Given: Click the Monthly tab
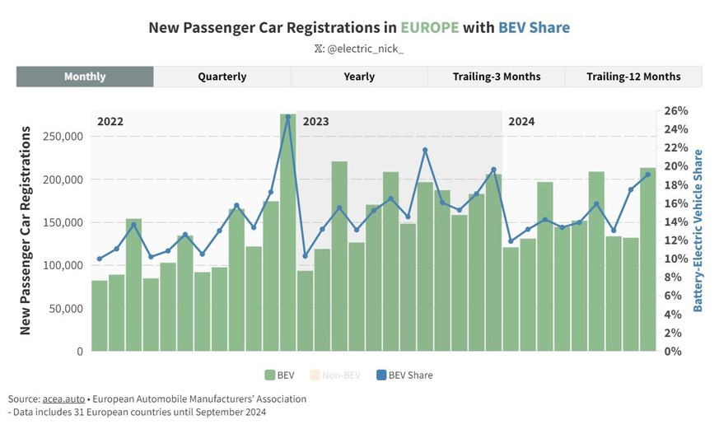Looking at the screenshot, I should (x=85, y=77).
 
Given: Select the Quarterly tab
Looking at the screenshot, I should (x=222, y=77).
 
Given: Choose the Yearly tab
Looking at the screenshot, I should (x=359, y=77).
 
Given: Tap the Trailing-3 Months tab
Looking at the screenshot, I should (x=496, y=77).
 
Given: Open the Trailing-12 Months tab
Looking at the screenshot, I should (x=633, y=77).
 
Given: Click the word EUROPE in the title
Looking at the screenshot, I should (x=430, y=27).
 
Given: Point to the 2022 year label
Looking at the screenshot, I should (x=110, y=121).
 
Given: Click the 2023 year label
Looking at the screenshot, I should (x=315, y=121).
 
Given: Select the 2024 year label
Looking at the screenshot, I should (x=521, y=121).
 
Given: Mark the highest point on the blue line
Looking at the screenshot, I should (x=287, y=117).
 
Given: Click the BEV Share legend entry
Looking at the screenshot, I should (x=404, y=375).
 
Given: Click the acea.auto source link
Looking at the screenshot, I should (x=62, y=399).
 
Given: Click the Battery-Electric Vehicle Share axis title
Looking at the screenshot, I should (x=698, y=231).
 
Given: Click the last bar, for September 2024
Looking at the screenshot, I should (x=647, y=259).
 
